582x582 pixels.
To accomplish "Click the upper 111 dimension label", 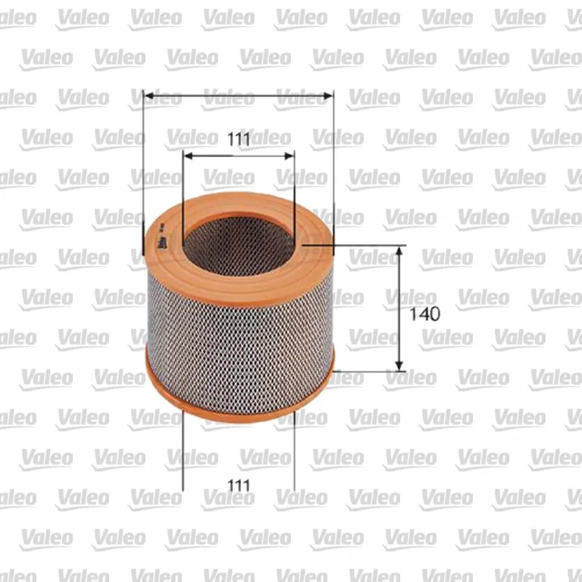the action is pos(239,140).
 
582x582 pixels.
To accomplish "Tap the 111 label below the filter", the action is pos(239,485).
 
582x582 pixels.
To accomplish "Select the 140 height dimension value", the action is pos(425,314).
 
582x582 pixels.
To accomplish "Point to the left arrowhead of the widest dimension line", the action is pos(149,96).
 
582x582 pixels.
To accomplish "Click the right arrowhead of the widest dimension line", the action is pos(328,96).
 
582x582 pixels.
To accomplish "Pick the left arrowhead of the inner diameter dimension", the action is pos(188,156).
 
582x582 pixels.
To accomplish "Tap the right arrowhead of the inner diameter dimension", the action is pos(289,156).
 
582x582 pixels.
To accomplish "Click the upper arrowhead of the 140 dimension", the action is pos(399,252).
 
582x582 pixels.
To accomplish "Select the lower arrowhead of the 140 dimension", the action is pos(399,365).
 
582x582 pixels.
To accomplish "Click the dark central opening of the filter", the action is pos(239,247).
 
